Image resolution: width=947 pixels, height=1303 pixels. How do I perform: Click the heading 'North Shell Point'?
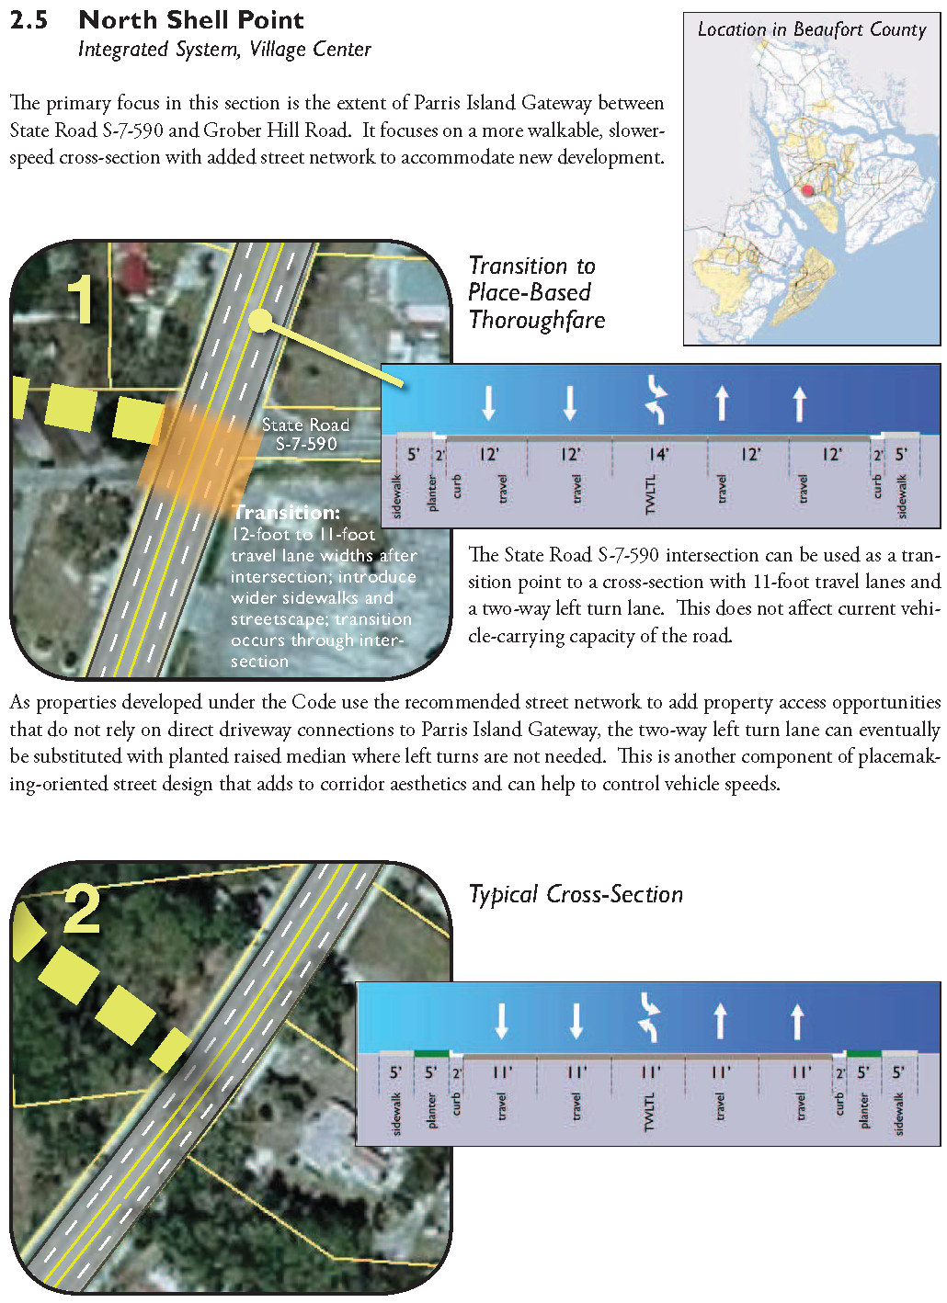[x=191, y=20]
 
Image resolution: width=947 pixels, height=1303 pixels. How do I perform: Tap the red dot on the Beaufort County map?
[x=808, y=191]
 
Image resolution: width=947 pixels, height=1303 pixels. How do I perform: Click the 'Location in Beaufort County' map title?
[x=812, y=29]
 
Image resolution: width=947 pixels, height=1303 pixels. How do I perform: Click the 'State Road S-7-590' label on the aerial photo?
[x=305, y=434]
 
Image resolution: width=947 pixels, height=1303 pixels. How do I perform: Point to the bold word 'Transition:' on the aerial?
[x=286, y=512]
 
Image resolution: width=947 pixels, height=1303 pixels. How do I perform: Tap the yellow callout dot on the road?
[x=261, y=321]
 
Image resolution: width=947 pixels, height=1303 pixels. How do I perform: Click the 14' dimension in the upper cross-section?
[x=658, y=454]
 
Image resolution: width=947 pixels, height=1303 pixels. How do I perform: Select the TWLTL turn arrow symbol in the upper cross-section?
[x=656, y=399]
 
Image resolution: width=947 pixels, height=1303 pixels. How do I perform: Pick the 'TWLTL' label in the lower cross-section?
[x=649, y=1112]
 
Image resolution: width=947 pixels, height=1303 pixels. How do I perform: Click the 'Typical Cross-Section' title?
[x=576, y=894]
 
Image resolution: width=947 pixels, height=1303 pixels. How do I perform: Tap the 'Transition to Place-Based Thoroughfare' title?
[x=536, y=292]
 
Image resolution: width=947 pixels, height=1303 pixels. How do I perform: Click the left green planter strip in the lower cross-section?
[x=431, y=1053]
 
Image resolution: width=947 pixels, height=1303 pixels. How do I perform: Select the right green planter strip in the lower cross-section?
[x=863, y=1053]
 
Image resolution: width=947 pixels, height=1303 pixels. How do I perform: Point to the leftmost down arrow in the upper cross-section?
[x=489, y=402]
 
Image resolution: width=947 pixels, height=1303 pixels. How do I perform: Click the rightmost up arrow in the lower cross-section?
[x=797, y=1021]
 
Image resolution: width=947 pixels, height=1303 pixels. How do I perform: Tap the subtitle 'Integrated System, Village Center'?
[x=224, y=50]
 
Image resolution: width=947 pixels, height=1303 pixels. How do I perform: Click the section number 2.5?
[x=29, y=20]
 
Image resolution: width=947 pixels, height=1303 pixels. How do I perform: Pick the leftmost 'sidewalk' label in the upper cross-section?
[x=397, y=495]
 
